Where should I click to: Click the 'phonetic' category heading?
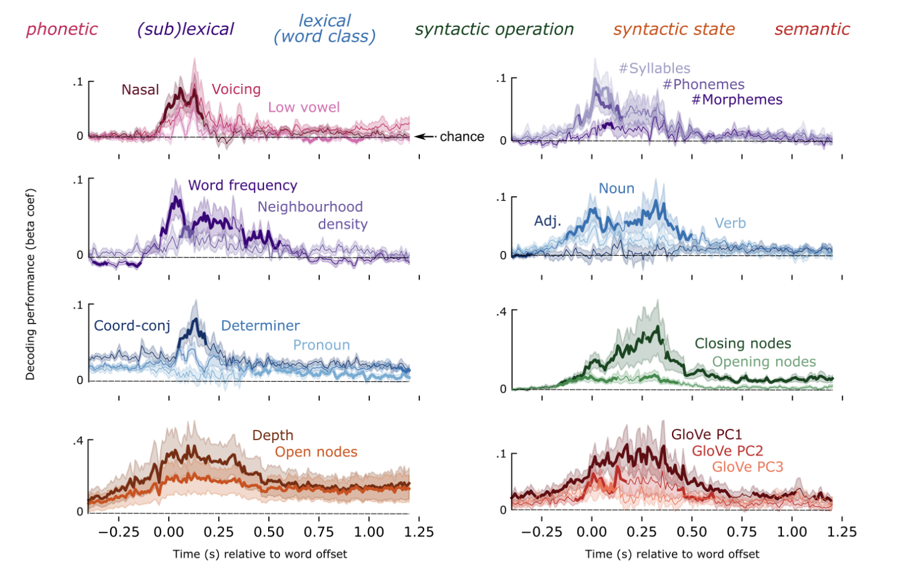(62, 29)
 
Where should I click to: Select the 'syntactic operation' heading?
(494, 29)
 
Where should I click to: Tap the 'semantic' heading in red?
(812, 29)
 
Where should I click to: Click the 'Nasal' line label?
(140, 90)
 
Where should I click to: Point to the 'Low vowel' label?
(304, 108)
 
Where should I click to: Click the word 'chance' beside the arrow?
(462, 137)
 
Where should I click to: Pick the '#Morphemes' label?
(737, 100)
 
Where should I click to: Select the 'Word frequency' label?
(243, 186)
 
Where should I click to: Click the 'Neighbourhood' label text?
(310, 207)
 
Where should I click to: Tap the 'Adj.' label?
(548, 221)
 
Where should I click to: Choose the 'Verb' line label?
(730, 223)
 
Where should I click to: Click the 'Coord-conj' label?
(132, 326)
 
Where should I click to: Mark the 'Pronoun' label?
(321, 345)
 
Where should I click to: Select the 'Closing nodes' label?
(743, 344)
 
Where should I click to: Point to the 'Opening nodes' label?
(764, 362)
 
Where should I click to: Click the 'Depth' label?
(273, 435)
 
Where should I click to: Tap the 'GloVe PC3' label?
(747, 467)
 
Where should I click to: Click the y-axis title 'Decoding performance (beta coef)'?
(30, 284)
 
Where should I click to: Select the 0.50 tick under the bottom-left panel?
(269, 532)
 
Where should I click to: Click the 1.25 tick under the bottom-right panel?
(842, 532)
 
